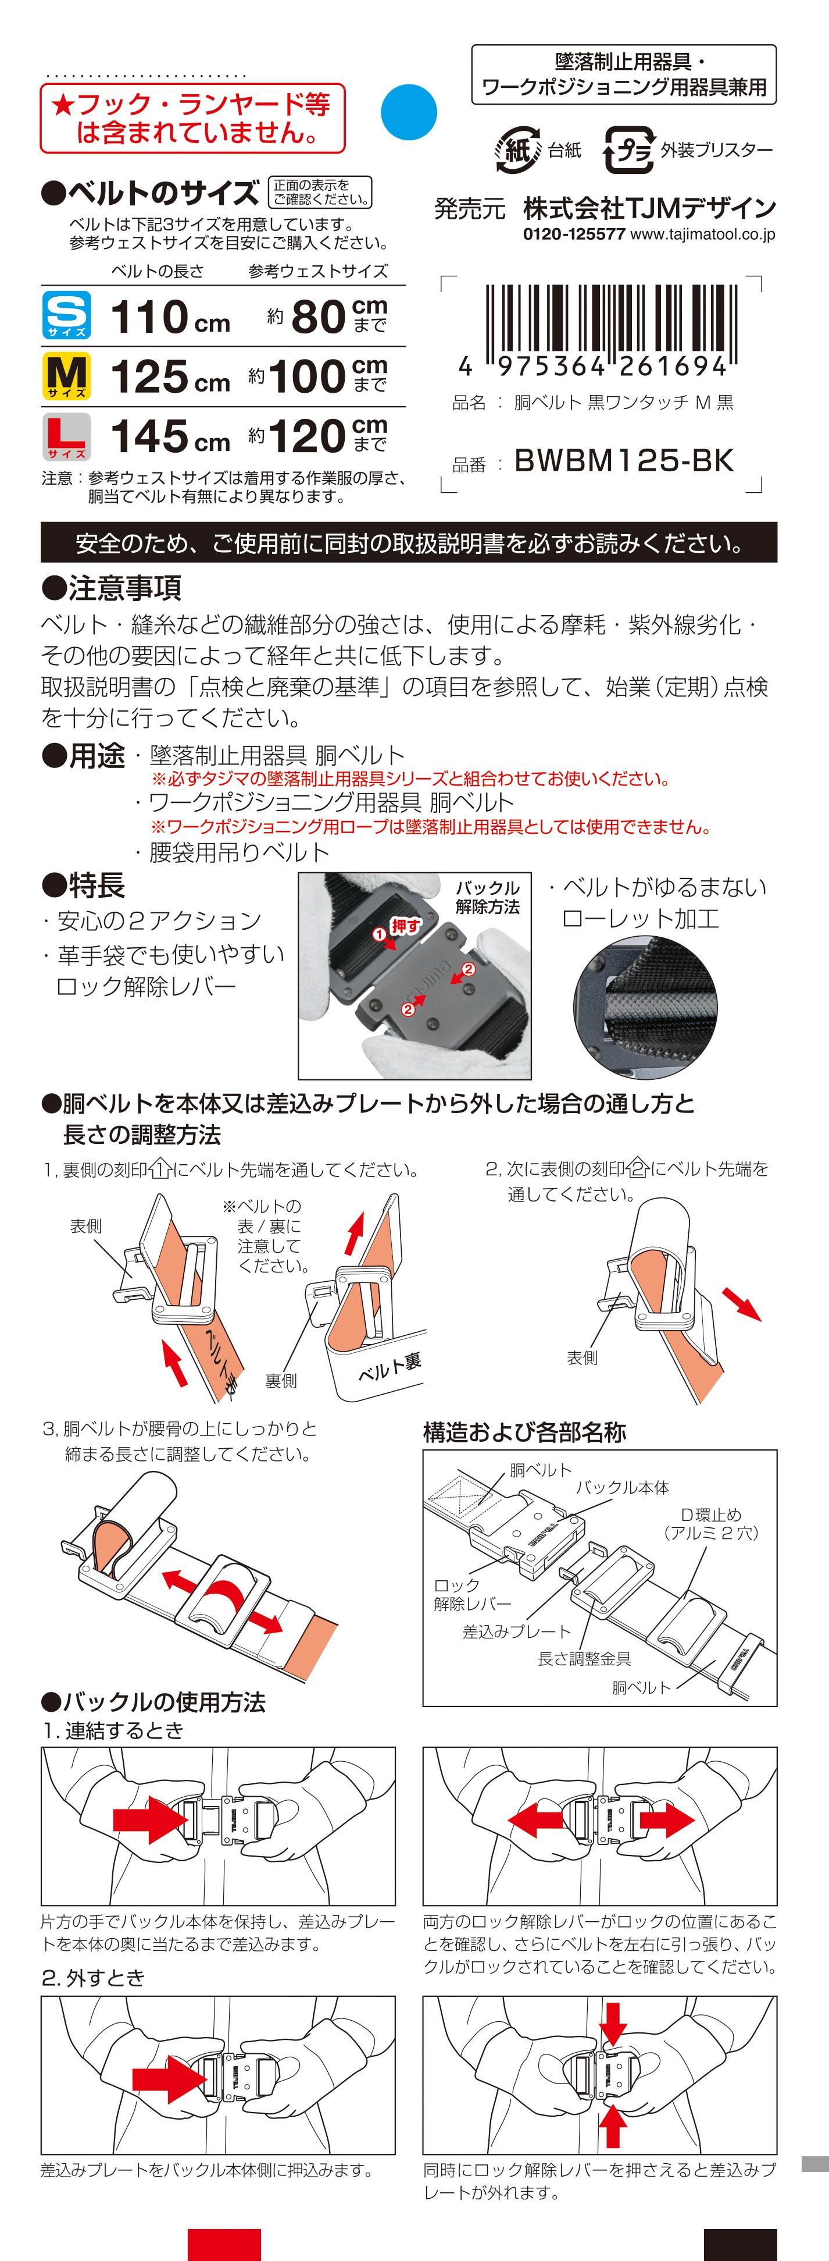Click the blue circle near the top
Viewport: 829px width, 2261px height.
click(409, 112)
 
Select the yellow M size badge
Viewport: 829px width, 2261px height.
click(67, 376)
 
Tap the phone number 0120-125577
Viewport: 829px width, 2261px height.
click(574, 234)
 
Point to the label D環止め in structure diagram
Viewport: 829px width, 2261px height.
click(710, 1515)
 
